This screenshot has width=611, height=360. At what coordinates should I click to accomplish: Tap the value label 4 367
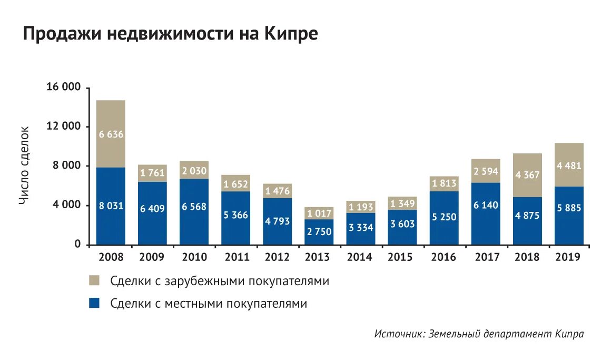(527, 175)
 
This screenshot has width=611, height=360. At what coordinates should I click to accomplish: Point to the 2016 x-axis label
(444, 257)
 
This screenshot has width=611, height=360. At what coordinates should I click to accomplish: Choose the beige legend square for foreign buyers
(95, 280)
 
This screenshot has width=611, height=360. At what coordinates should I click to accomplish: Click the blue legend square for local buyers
(95, 303)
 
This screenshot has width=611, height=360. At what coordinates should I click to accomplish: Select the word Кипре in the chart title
(292, 34)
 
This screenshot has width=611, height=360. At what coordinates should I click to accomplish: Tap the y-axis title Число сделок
(25, 165)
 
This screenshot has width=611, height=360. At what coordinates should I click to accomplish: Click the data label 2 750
(319, 232)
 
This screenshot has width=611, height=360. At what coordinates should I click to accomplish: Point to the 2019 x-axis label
(569, 257)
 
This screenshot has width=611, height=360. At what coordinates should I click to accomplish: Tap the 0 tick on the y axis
(77, 245)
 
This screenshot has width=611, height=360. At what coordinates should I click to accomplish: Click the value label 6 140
(486, 206)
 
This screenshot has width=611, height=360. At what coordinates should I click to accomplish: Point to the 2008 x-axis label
(111, 257)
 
